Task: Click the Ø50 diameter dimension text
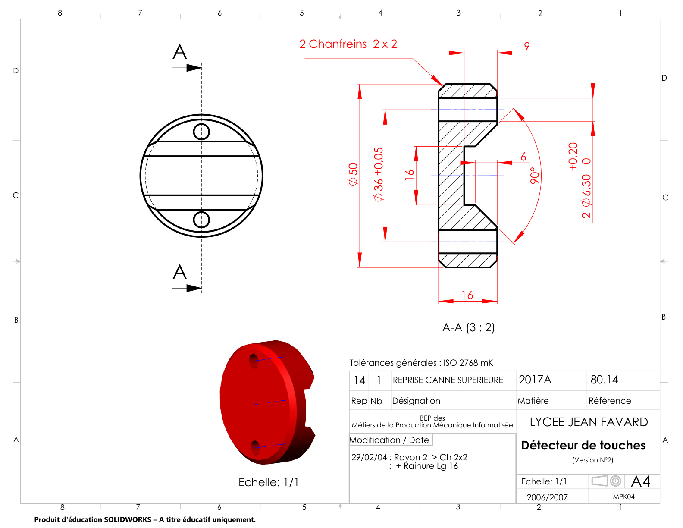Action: coord(353,174)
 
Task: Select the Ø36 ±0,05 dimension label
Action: coord(379,174)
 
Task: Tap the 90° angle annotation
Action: coord(535,176)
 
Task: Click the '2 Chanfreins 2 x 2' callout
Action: coord(348,44)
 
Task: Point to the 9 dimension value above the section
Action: coord(527,46)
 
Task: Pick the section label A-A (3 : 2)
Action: coord(469,328)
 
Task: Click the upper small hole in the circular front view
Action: coord(201,132)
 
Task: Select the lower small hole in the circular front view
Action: coord(201,220)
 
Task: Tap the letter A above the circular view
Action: coord(180,52)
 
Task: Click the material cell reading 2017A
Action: coord(535,380)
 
